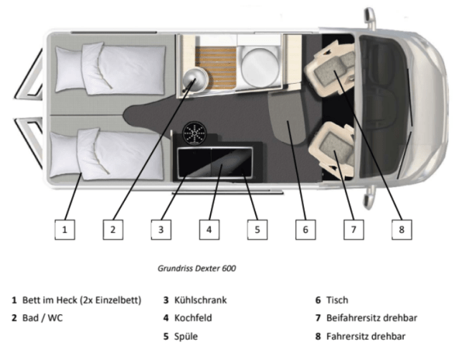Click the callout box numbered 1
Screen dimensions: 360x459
[x=65, y=229]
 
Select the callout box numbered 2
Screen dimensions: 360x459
[x=113, y=229]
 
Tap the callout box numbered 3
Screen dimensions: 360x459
[x=161, y=229]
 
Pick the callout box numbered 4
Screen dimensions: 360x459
[x=209, y=229]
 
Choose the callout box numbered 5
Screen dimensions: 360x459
[x=257, y=229]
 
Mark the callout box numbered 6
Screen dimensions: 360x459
[x=306, y=229]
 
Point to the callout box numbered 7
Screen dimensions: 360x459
[x=354, y=229]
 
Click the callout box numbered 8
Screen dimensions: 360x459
[x=402, y=229]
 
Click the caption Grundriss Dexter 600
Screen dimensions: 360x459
[x=197, y=268]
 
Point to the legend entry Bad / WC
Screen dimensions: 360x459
[x=38, y=318]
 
